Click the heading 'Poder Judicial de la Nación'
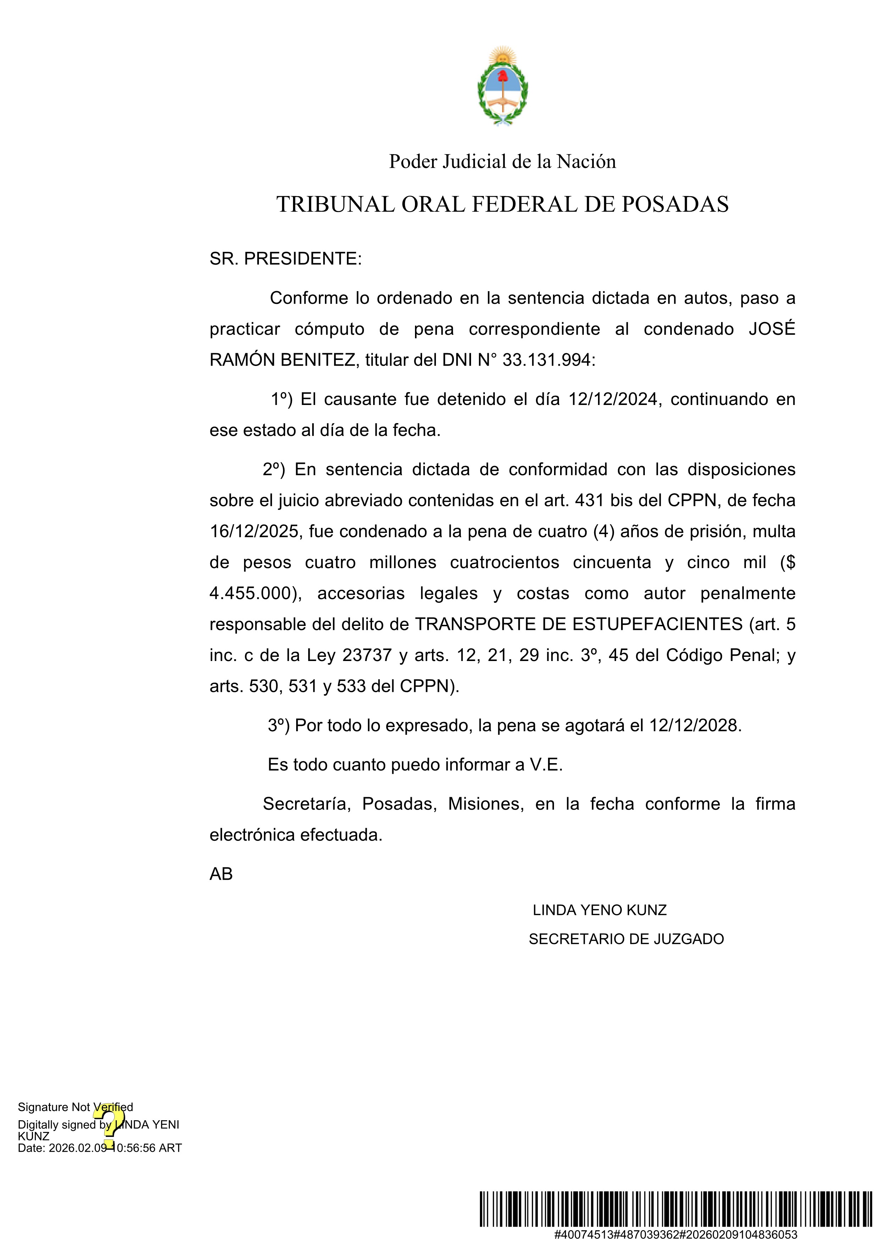pos(502,161)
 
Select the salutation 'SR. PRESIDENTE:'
pos(286,259)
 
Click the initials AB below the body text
pos(221,874)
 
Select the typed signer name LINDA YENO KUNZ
pos(599,910)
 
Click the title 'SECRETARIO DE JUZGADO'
pos(626,939)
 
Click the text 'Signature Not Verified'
pos(75,1107)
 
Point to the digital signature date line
pos(100,1148)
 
